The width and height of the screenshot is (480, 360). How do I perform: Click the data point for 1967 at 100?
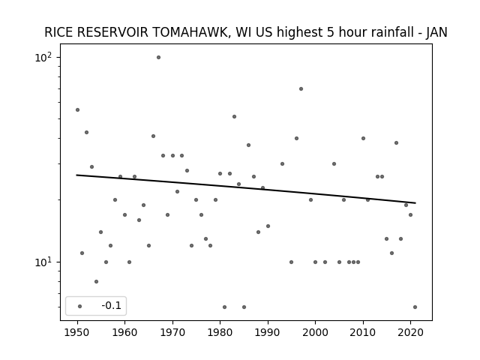click(158, 57)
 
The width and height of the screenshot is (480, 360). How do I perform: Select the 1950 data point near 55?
click(77, 110)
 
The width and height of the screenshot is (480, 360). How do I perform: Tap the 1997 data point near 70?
click(301, 88)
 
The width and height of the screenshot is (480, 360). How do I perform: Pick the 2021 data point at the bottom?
click(415, 307)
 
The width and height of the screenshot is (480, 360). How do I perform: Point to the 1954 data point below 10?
click(96, 282)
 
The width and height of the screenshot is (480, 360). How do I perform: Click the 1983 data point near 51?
click(234, 117)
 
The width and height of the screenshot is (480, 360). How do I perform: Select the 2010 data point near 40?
click(363, 138)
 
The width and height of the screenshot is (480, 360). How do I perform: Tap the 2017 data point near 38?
click(396, 143)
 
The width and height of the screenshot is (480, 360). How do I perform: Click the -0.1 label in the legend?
click(112, 305)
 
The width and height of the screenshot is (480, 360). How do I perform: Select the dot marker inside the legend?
click(79, 306)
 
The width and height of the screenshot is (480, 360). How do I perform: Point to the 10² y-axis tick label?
click(43, 57)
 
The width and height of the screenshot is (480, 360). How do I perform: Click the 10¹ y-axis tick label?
click(43, 262)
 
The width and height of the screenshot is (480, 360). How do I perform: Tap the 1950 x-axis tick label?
click(77, 333)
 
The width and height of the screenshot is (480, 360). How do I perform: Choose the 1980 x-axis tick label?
click(220, 333)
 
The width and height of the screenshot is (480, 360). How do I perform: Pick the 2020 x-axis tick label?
click(410, 333)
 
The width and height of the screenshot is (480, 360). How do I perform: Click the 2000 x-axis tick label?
click(315, 333)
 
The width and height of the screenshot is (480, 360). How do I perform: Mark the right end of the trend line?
click(415, 203)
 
